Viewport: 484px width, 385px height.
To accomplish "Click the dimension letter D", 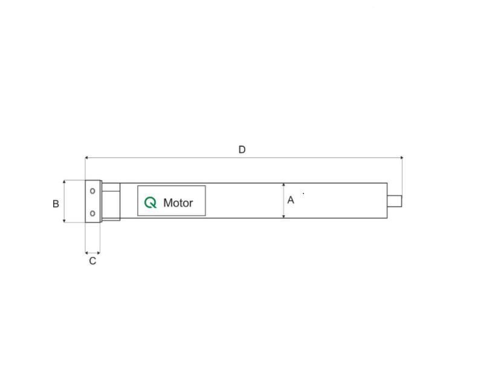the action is pos(242,150).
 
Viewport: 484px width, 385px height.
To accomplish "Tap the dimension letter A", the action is pos(291,200).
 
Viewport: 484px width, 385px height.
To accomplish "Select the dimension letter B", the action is pos(56,204).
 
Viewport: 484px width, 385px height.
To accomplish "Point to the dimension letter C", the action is pos(92,261).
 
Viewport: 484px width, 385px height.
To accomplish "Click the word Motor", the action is pos(178,203).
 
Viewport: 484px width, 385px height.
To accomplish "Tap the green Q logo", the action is pos(150,202).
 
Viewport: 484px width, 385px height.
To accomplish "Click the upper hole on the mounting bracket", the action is pos(92,191).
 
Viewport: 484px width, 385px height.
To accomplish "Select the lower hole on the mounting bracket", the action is pos(92,213).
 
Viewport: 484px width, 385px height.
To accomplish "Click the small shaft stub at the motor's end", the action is pos(395,201).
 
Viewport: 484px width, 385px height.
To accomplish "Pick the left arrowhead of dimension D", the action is pos(86,158).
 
